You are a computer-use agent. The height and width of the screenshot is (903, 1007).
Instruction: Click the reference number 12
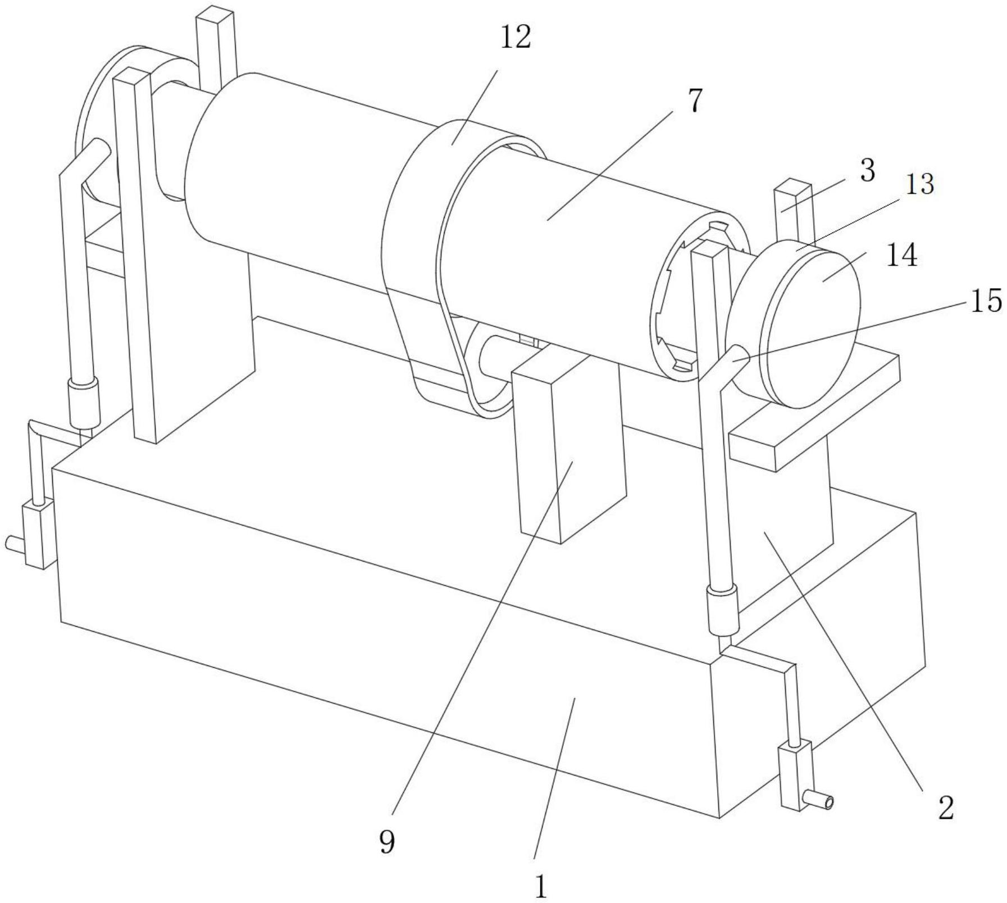coord(516,38)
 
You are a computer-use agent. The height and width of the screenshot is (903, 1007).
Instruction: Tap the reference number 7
coord(695,101)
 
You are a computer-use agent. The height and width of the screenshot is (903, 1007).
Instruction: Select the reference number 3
coord(867,170)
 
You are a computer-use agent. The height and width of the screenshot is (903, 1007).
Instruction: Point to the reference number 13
coord(919,184)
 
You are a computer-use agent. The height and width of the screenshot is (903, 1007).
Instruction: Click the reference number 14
coord(903,256)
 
